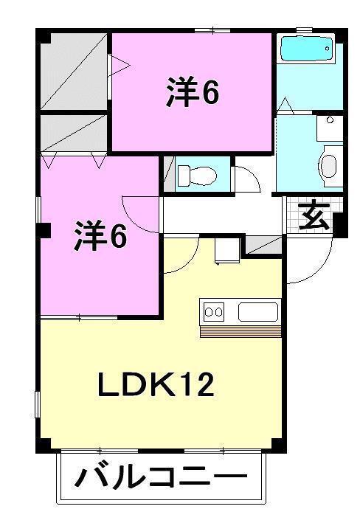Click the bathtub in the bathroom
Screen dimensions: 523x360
pos(306,51)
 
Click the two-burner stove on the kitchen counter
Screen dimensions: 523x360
pos(214,312)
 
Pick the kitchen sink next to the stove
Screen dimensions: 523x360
pos(258,312)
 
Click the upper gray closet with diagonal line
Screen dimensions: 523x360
pos(74,71)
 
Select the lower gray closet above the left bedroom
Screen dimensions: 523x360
pos(74,133)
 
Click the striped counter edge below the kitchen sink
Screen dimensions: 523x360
pos(240,330)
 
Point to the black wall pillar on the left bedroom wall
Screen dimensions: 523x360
pos(44,229)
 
